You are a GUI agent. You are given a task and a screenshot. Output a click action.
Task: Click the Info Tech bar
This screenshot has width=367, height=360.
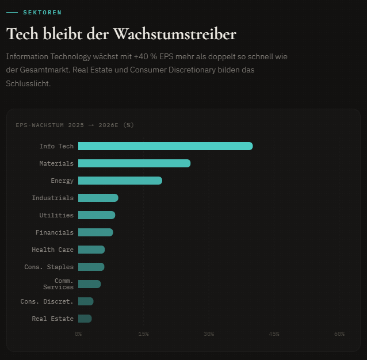pos(165,146)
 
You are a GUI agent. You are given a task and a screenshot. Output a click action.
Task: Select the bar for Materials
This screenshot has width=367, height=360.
pos(134,163)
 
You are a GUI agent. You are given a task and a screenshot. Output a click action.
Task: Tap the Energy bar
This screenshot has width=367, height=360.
pos(120,181)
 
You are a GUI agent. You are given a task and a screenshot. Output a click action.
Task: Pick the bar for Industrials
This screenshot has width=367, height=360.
pos(98,198)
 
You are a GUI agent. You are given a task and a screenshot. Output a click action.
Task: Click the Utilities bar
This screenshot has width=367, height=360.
pos(96,215)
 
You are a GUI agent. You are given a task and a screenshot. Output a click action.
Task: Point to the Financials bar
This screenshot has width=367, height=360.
pos(95,232)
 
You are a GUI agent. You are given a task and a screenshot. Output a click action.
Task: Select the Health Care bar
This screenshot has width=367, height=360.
pos(91,250)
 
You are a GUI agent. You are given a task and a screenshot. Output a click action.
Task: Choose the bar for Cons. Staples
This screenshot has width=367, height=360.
pos(91,267)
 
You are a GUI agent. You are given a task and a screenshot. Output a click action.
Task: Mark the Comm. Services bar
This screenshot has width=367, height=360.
pos(89,284)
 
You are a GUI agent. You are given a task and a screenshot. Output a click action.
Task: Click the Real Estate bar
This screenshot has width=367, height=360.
pos(85,319)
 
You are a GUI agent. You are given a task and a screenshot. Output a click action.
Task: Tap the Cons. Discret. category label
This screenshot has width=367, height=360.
pos(47,301)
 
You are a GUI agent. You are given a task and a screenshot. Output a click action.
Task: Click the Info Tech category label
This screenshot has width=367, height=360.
pos(56,146)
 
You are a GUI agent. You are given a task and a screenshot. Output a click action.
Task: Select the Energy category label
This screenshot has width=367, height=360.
pos(62,181)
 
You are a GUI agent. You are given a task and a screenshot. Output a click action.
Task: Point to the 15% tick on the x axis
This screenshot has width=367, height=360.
pos(143,334)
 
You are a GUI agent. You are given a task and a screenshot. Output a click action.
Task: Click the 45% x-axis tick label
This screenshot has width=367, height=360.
pos(274,334)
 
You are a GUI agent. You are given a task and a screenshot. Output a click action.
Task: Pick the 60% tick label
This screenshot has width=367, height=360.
pos(339,334)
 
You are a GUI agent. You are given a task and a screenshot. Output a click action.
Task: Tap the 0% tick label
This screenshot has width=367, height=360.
pos(78,334)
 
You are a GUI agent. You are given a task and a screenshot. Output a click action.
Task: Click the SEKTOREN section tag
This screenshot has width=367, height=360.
pos(42,12)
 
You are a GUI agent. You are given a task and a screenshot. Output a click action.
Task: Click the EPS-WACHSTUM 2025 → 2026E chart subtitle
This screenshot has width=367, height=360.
pos(75,125)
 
